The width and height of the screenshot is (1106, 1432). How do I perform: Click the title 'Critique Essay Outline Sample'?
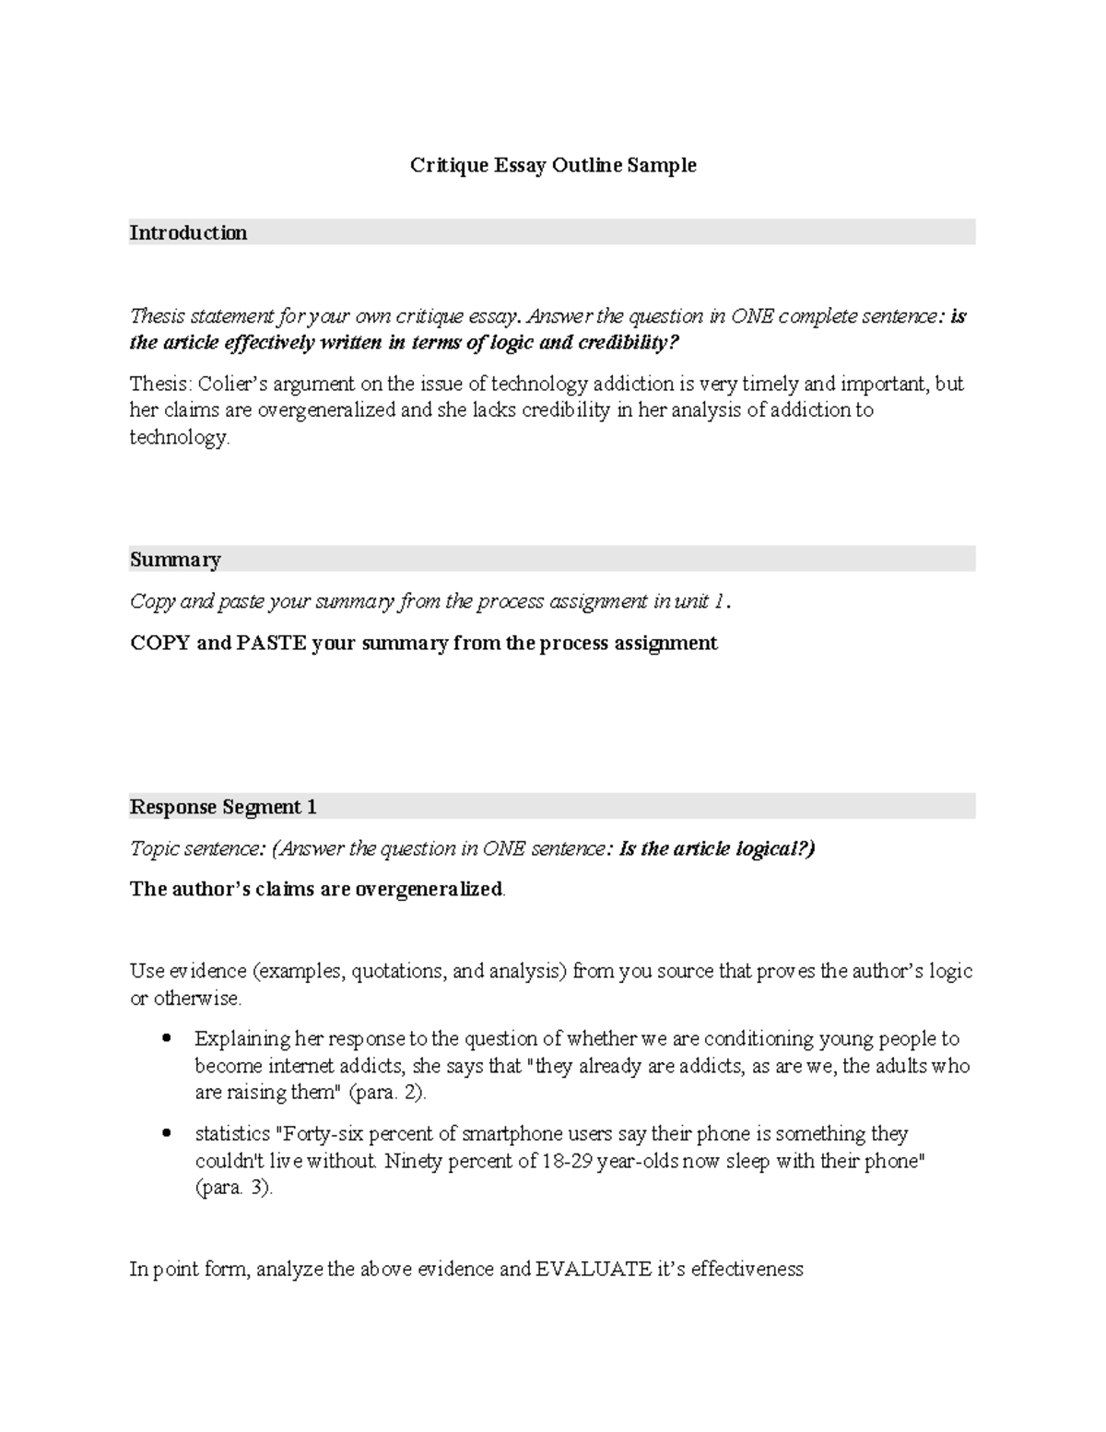[x=553, y=166]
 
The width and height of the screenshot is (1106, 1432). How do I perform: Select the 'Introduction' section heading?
[x=188, y=232]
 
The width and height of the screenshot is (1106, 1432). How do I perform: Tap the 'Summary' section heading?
[x=175, y=560]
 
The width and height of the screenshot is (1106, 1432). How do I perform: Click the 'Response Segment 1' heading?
[x=223, y=808]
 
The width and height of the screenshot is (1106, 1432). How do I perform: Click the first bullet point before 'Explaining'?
[x=166, y=1039]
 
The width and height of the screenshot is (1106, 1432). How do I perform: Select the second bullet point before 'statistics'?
[x=166, y=1134]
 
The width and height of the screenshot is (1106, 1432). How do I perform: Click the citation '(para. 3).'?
[x=234, y=1189]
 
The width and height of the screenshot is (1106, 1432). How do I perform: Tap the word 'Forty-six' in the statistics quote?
[x=323, y=1134]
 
